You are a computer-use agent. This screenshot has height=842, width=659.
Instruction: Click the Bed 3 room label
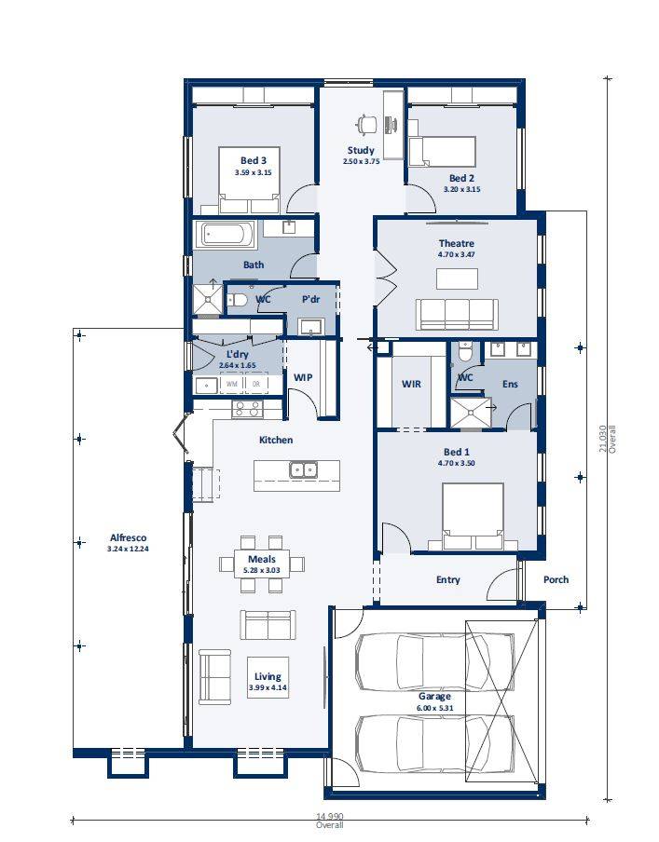point(254,160)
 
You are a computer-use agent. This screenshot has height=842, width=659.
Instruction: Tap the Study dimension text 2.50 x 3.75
point(362,161)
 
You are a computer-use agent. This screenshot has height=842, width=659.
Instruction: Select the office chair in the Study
point(367,124)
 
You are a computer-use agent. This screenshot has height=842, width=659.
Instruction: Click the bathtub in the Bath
point(226,235)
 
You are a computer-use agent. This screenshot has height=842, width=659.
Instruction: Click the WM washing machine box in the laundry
point(232,385)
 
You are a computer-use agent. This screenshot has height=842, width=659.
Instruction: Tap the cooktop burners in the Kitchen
point(247,410)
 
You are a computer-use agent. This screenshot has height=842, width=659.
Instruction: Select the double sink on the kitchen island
point(303,469)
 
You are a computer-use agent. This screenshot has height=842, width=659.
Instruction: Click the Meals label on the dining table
point(262,559)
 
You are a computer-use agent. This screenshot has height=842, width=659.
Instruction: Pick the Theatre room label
point(457,243)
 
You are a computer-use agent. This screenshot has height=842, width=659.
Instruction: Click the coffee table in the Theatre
point(457,278)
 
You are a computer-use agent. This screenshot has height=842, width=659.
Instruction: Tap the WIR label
point(411,384)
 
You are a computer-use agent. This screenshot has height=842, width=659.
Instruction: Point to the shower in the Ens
point(471,413)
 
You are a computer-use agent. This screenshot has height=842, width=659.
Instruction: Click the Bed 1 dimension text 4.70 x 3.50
point(457,463)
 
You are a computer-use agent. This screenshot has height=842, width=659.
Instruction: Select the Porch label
point(556,579)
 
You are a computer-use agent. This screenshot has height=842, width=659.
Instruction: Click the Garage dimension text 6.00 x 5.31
point(435,708)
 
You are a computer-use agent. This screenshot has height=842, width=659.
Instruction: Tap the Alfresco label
point(128,537)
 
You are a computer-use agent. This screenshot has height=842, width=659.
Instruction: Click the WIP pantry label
point(303,377)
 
